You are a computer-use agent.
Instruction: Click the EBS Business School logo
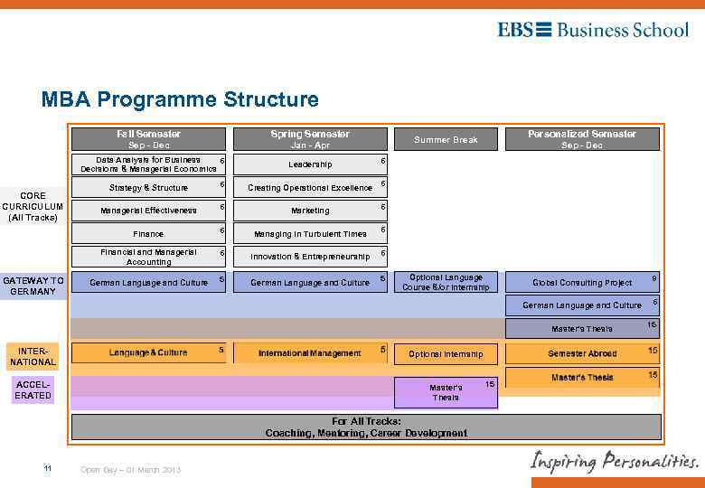[592, 30]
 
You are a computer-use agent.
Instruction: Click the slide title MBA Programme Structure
[180, 99]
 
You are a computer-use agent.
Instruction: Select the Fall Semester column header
[148, 139]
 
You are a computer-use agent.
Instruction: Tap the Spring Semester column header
[310, 139]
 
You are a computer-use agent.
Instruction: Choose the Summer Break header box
[446, 140]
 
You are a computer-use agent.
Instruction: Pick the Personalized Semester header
[581, 139]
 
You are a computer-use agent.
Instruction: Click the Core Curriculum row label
[33, 205]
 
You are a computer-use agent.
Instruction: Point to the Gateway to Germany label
[33, 286]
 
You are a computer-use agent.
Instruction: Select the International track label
[33, 355]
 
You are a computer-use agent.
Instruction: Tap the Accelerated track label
[33, 389]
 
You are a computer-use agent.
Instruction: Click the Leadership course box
[310, 164]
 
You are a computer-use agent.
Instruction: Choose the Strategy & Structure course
[148, 188]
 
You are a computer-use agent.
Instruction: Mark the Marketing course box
[310, 211]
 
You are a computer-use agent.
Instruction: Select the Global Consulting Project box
[582, 283]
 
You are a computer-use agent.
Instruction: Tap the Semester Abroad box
[582, 353]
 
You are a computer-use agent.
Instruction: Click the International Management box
[310, 353]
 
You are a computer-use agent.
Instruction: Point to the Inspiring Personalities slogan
[614, 461]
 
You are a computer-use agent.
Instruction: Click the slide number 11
[47, 468]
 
